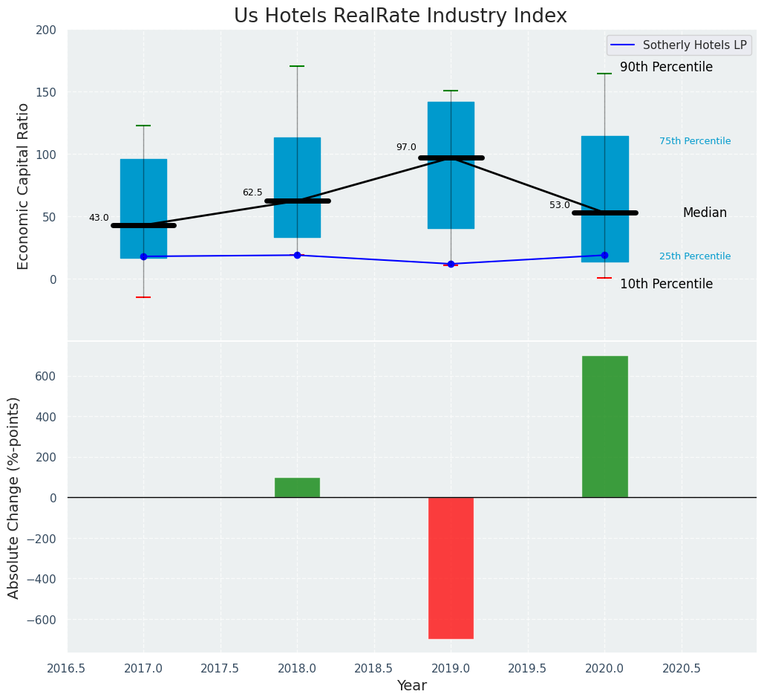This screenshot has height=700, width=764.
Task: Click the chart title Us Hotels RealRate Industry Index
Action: tap(400, 16)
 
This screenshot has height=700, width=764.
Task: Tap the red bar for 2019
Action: tap(451, 568)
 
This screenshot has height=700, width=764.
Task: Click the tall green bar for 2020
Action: tap(604, 427)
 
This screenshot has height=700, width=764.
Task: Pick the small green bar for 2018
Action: tap(297, 487)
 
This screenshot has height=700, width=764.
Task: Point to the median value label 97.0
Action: tap(406, 147)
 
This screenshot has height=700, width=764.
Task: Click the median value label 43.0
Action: tap(99, 218)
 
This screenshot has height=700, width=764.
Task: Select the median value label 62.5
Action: tap(252, 192)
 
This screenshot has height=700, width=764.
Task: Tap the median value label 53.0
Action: tap(560, 205)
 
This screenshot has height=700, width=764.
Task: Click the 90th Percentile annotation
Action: tap(666, 68)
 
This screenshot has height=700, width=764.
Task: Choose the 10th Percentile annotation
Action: tap(666, 285)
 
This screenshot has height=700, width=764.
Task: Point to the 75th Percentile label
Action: tap(695, 141)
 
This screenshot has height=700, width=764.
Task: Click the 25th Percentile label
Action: tap(695, 256)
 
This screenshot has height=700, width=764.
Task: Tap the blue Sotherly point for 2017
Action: tap(143, 256)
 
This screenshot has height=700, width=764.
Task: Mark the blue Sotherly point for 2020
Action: tap(604, 255)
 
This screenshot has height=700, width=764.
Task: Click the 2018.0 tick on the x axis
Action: tap(297, 668)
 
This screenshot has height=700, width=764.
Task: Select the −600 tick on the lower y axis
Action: tap(42, 620)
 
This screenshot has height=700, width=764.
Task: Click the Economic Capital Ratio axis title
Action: tap(23, 186)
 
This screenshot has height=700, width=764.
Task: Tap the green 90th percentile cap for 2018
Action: tap(297, 66)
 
